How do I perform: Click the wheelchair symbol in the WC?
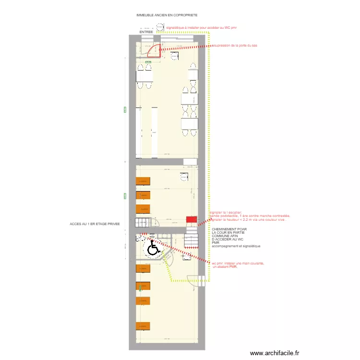[x=153, y=249]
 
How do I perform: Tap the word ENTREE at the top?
[x=146, y=32]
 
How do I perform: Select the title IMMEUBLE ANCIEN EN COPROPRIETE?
[x=167, y=15]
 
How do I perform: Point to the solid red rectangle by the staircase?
[x=192, y=219]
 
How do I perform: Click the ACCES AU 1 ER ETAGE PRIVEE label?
[x=94, y=224]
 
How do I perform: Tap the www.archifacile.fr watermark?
[x=274, y=352]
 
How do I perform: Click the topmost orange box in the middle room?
[x=143, y=181]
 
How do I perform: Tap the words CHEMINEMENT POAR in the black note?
[x=229, y=229]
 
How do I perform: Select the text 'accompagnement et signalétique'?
[x=236, y=246]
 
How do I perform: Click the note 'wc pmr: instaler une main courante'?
[x=238, y=263]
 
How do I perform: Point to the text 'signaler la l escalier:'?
[x=226, y=212]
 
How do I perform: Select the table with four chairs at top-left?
[x=144, y=76]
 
